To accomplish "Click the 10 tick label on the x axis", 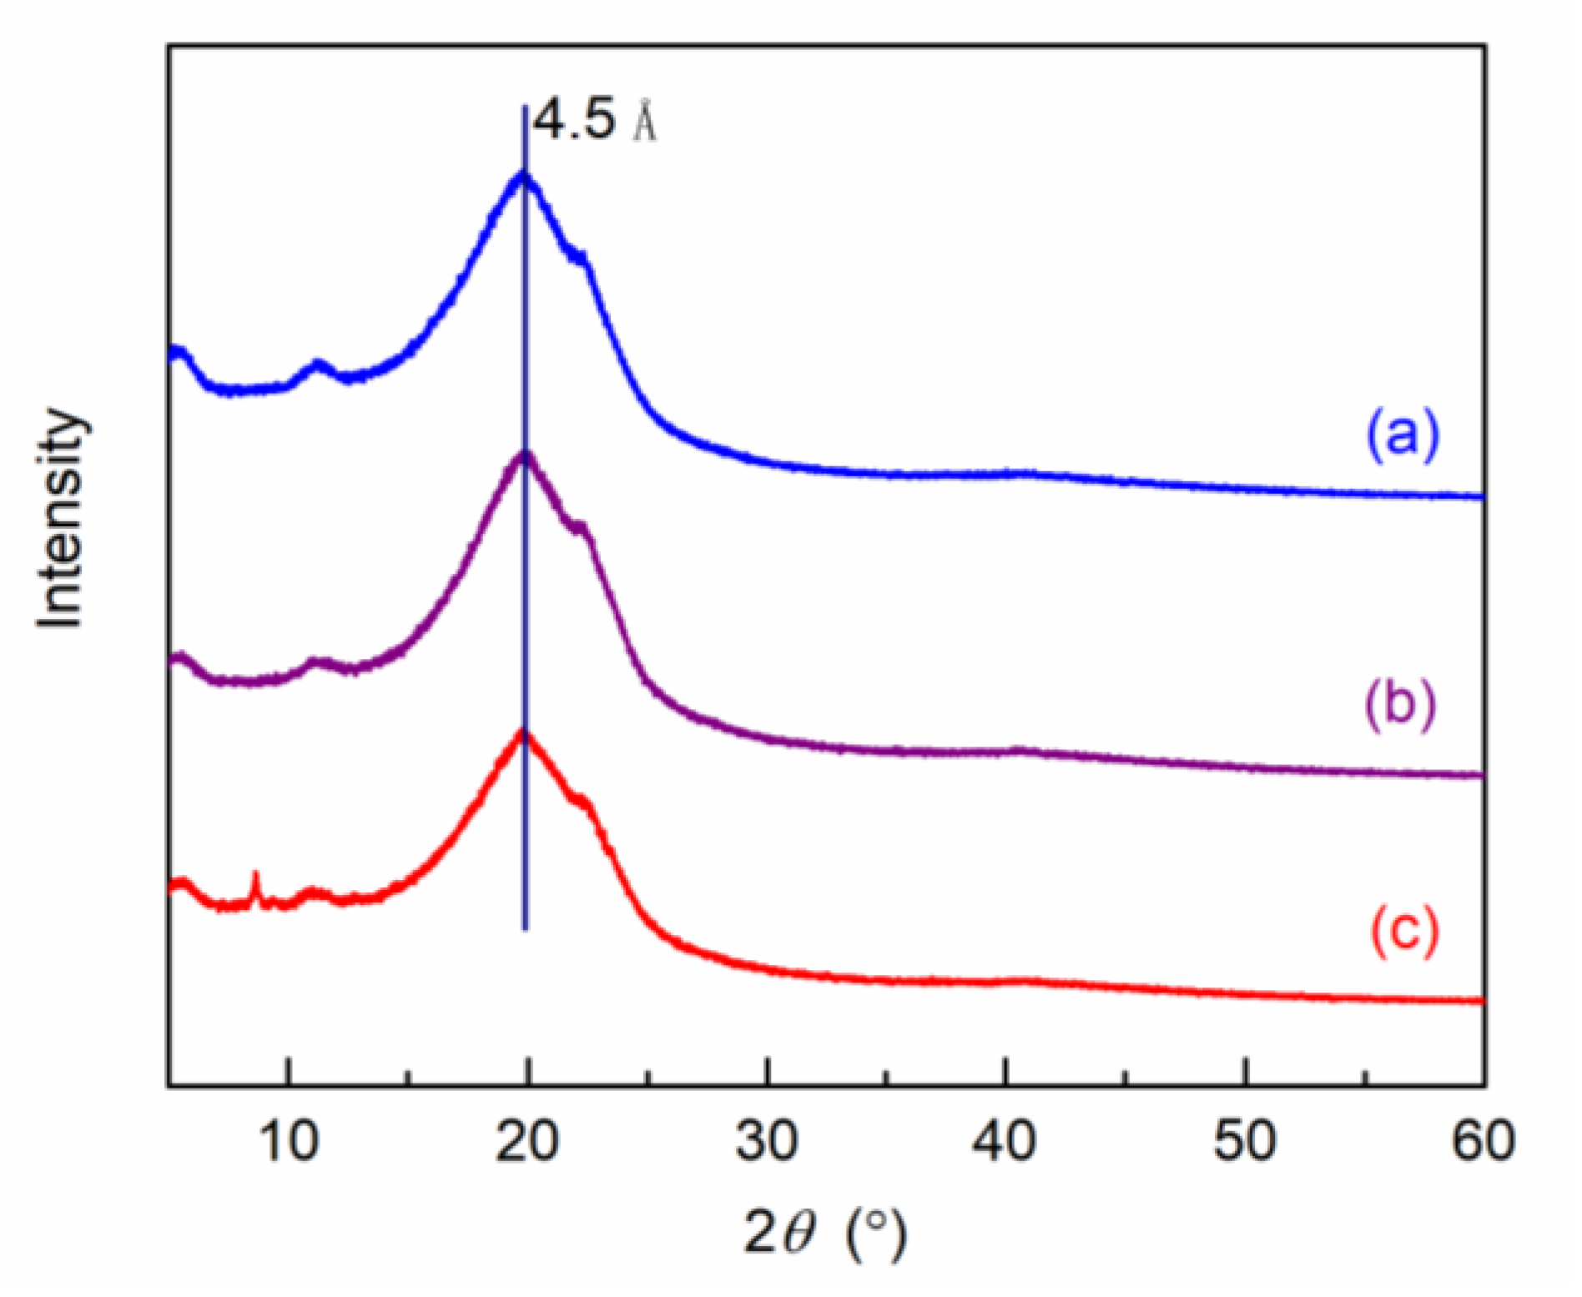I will [x=289, y=1141].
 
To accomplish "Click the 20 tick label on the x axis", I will [x=526, y=1141].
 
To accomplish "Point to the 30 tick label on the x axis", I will [x=766, y=1141].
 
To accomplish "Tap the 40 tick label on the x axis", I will [x=1005, y=1141].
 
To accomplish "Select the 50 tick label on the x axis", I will [x=1244, y=1141].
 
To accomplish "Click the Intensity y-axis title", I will [x=61, y=519].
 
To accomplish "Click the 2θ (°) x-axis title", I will [x=824, y=1233].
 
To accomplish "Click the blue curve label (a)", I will [x=1403, y=434].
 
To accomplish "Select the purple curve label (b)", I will [x=1401, y=702].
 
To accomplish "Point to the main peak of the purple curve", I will [x=524, y=454].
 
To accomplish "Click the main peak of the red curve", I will [x=524, y=734].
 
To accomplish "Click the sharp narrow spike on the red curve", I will [x=256, y=876].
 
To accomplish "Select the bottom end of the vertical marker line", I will [x=525, y=928].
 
